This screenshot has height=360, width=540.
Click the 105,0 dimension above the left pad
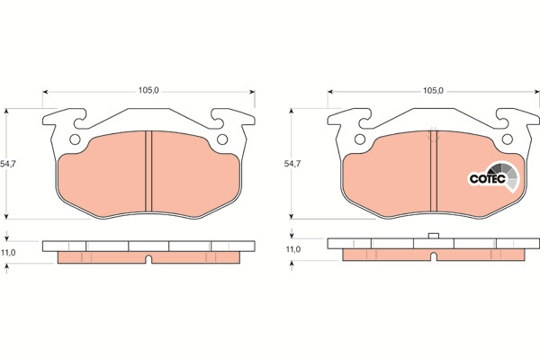click(148, 91)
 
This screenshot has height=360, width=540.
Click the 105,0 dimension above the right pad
click(433, 91)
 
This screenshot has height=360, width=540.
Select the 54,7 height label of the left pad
click(8, 164)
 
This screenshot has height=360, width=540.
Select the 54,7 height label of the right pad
click(292, 164)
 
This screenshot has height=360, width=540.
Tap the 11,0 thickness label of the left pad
click(8, 253)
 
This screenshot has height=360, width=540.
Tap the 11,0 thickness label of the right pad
click(293, 249)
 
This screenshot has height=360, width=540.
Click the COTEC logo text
click(487, 179)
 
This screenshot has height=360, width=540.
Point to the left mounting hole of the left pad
click(75, 139)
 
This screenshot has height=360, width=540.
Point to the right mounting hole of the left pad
click(222, 139)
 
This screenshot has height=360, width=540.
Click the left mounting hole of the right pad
click(360, 139)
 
